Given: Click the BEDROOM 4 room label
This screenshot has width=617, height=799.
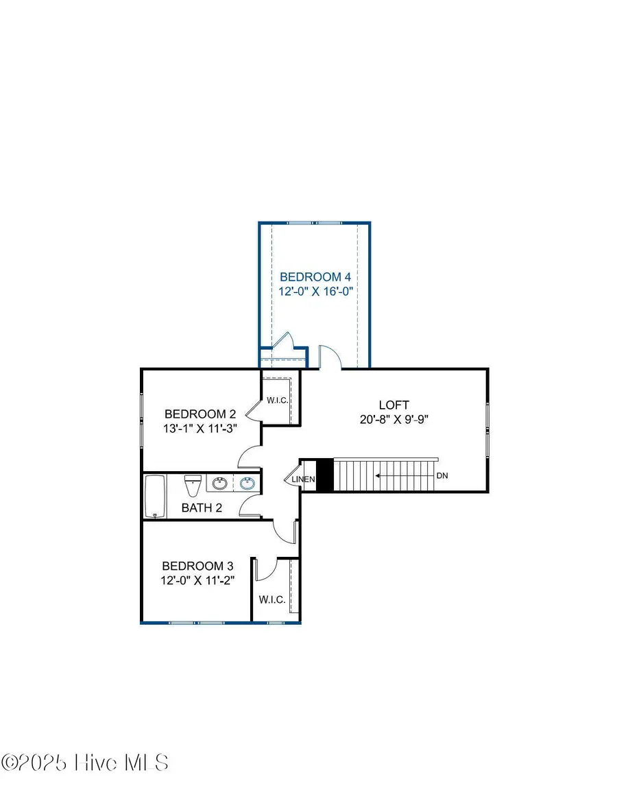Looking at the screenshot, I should click(x=315, y=277).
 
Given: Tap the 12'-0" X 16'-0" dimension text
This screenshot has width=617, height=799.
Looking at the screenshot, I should click(x=315, y=291).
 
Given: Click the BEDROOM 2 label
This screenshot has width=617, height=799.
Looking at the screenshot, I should click(x=200, y=414).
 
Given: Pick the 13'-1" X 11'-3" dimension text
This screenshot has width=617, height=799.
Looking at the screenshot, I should click(x=200, y=429).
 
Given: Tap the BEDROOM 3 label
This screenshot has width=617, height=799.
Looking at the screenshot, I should click(x=197, y=566).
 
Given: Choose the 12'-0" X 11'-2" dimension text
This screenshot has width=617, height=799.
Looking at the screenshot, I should click(x=197, y=580).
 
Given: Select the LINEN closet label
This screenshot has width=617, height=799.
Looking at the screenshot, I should click(x=304, y=479).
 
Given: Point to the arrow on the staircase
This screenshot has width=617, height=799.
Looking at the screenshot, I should click(x=404, y=475).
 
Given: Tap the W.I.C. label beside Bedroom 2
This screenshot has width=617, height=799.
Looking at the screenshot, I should click(x=277, y=400).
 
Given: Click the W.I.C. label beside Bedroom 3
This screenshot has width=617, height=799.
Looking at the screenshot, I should click(x=272, y=599).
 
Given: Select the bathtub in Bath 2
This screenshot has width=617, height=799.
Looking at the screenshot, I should click(x=156, y=497).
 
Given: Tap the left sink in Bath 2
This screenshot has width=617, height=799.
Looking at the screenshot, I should click(x=220, y=484).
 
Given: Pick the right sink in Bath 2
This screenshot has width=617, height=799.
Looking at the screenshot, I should click(x=247, y=484).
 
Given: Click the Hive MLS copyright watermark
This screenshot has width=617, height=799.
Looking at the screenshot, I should click(x=85, y=763).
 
